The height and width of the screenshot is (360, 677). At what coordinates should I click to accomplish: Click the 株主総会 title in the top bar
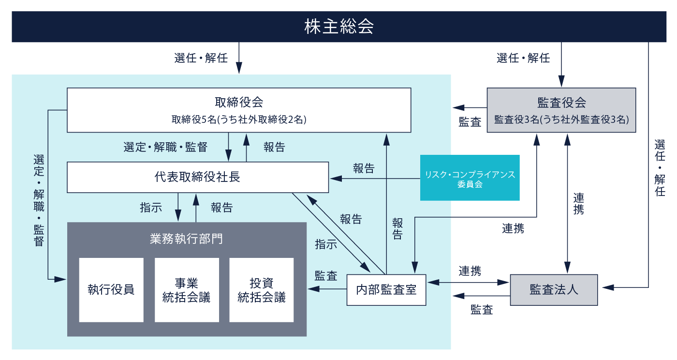[339, 26]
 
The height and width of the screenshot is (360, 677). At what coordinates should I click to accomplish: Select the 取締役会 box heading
[239, 102]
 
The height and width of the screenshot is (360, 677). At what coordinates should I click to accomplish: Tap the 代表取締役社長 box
[198, 177]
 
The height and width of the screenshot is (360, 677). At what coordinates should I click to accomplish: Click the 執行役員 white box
[111, 290]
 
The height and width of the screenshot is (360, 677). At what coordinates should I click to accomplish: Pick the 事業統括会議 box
[187, 290]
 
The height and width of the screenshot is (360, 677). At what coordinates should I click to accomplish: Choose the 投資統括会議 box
[262, 290]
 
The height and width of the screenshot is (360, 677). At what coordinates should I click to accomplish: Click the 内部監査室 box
[386, 290]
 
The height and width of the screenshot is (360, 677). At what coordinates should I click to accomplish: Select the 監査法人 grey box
[554, 290]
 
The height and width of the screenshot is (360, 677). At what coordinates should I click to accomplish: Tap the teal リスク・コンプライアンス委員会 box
[470, 178]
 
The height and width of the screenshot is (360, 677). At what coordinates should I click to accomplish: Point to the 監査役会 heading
[561, 103]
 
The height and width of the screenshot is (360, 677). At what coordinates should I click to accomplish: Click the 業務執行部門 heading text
[186, 239]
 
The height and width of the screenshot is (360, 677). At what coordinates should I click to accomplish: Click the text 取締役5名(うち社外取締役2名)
[239, 120]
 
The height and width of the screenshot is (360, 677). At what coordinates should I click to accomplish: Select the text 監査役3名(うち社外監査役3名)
[561, 120]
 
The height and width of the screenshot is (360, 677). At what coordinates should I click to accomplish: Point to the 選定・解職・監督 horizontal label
[165, 147]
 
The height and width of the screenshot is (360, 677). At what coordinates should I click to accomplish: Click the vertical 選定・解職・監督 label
[39, 201]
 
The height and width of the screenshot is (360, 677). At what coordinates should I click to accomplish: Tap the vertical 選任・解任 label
[660, 168]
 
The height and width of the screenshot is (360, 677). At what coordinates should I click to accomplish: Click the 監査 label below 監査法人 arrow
[482, 310]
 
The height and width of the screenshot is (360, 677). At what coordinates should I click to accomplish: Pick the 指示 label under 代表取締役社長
[151, 208]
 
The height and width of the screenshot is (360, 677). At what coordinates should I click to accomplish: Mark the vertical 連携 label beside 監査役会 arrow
[578, 204]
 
